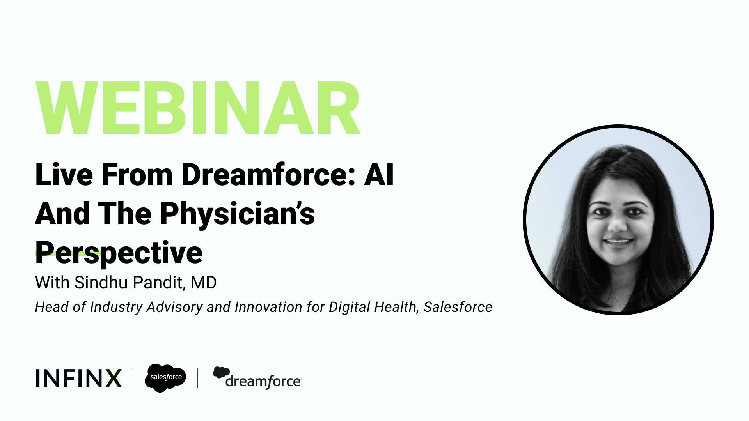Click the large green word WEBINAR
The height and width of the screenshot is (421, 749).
tap(198, 108)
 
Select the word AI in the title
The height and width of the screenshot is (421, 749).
tap(379, 175)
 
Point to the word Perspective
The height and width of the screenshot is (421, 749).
tap(119, 253)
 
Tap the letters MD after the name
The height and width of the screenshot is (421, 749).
tap(203, 283)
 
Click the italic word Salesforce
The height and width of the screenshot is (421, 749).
tap(458, 307)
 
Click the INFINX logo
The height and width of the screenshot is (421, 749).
tap(78, 378)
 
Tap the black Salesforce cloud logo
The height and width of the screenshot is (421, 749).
tap(165, 377)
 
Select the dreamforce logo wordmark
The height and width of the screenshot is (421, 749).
tap(263, 381)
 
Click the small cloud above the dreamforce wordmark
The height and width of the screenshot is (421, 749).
tap(221, 372)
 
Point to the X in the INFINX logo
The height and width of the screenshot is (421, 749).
tap(114, 378)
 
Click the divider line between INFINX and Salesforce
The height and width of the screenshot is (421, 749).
tap(133, 378)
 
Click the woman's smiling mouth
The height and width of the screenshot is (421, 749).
tap(618, 242)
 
